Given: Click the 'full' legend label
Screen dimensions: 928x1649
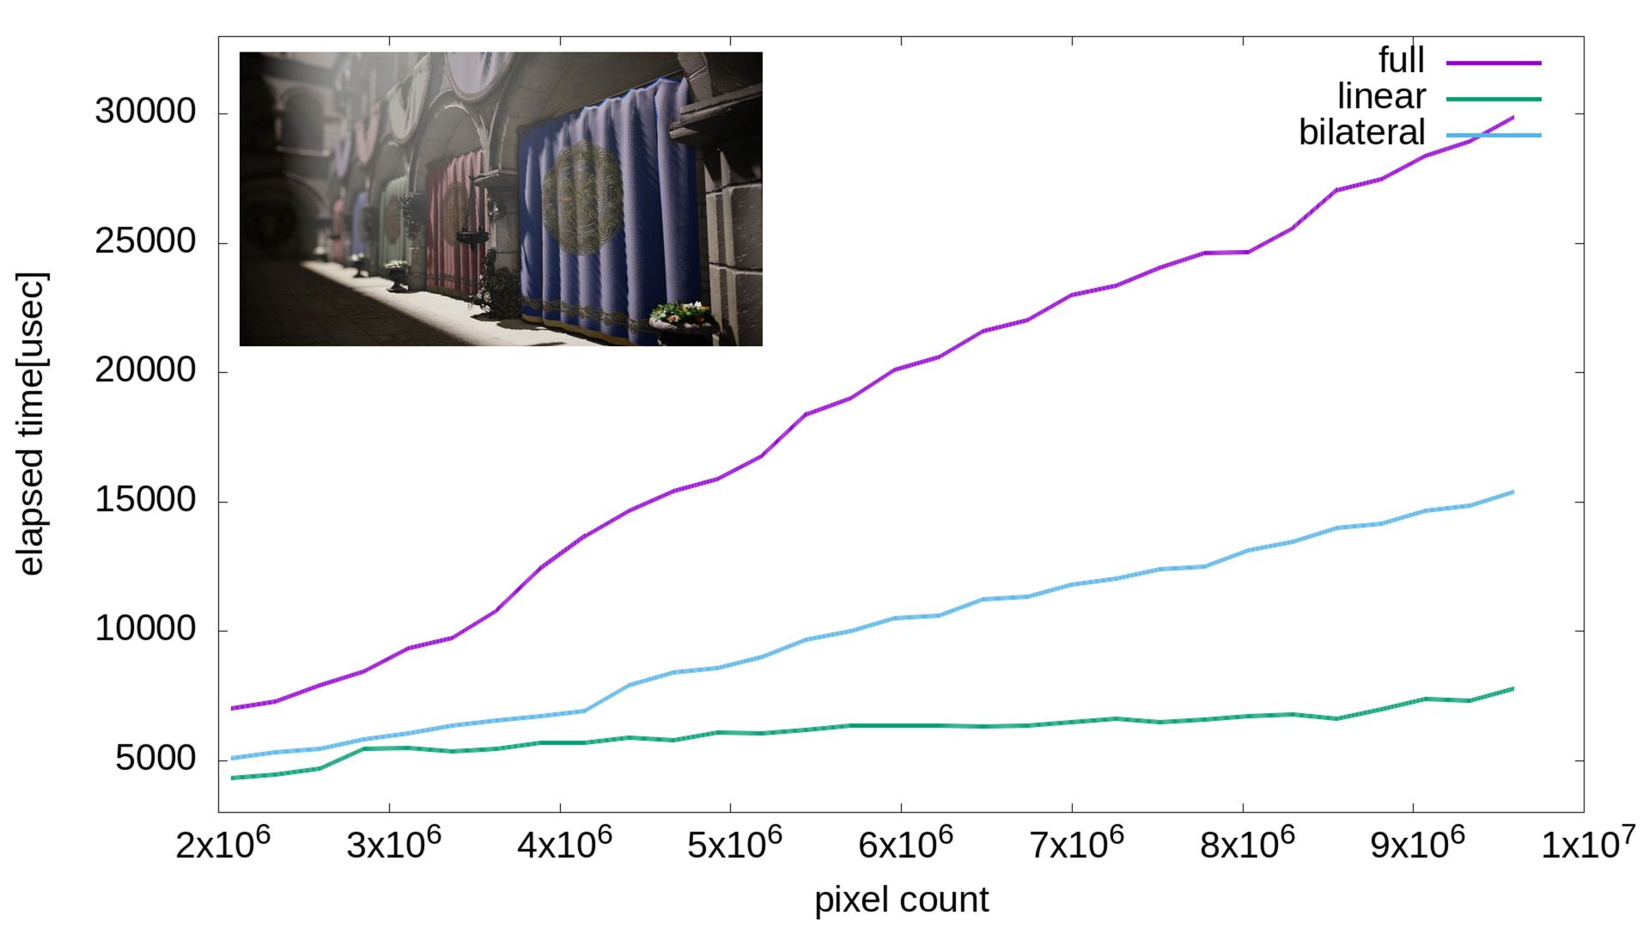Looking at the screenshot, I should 1401,60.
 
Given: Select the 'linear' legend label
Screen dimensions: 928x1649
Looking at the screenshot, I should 1381,96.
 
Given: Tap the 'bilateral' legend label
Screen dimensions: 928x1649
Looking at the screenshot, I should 1361,132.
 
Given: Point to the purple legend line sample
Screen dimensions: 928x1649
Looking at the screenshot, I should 1494,63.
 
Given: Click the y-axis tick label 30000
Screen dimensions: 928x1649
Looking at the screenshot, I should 145,112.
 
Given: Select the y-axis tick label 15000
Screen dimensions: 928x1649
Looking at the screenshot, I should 145,500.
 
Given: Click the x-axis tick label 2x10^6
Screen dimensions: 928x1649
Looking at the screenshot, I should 222,844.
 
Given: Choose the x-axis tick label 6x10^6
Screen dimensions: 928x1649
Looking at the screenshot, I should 905,844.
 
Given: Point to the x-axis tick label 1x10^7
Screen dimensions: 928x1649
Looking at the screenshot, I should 1587,844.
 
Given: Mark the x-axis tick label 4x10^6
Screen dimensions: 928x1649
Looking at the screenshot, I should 564,844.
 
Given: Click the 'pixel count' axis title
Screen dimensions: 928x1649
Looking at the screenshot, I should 901,900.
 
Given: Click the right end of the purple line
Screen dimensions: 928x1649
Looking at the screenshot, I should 1512,117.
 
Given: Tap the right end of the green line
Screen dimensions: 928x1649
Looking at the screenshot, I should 1512,688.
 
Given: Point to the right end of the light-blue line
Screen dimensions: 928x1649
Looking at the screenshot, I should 1512,492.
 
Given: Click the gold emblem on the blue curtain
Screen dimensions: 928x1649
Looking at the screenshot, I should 582,198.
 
